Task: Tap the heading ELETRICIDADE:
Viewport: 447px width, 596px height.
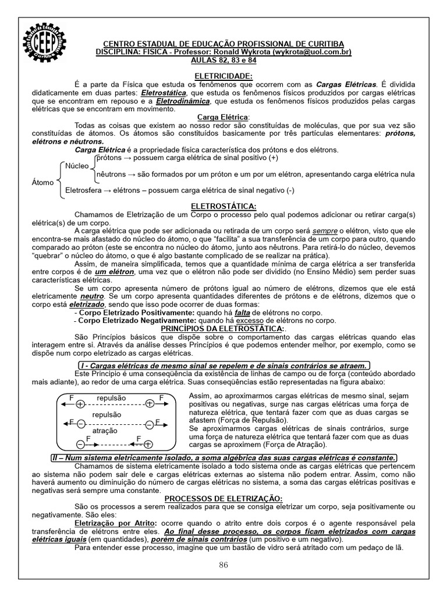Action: (223, 76)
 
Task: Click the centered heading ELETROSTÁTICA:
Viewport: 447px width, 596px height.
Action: (223, 206)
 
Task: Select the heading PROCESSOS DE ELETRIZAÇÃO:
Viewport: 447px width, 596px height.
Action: (223, 499)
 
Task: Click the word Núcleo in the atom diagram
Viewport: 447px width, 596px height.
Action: (76, 165)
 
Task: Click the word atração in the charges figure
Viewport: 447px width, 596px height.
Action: (105, 432)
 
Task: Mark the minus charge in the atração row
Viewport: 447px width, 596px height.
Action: (80, 444)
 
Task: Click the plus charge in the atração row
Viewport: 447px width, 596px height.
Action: (148, 444)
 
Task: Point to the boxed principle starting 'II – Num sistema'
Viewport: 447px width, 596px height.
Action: (223, 457)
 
